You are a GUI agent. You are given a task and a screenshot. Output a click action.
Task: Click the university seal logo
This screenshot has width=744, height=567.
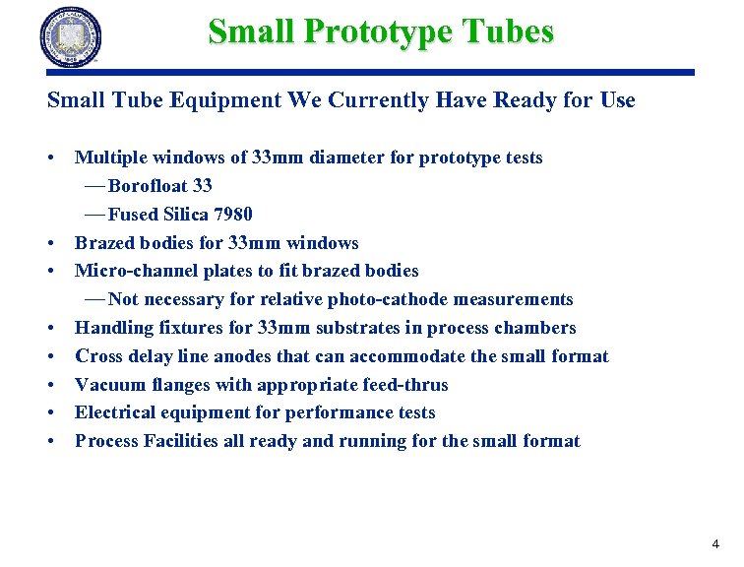(71, 36)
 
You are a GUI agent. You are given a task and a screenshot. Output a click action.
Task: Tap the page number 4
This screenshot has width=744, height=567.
(715, 543)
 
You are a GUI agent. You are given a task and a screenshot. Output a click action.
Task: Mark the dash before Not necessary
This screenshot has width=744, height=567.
(95, 299)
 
